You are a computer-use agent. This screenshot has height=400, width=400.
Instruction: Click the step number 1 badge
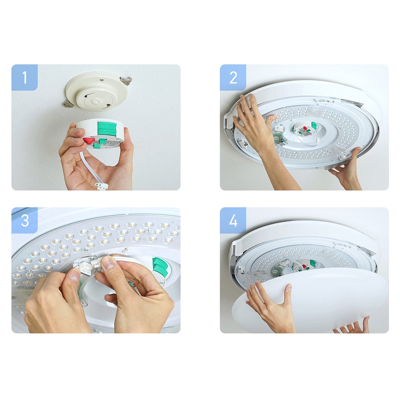click(x=24, y=77)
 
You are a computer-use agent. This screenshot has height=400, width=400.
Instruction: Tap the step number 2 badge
click(x=233, y=77)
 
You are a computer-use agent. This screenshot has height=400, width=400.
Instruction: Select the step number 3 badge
click(x=24, y=220)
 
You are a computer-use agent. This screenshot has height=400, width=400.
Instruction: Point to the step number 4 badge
click(x=233, y=220)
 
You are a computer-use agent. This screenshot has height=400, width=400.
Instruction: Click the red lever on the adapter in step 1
click(x=89, y=141)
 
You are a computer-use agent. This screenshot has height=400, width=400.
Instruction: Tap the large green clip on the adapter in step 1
click(x=107, y=129)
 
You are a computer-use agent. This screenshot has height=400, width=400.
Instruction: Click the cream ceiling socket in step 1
click(x=97, y=91)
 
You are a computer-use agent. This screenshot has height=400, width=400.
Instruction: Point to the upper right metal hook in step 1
click(x=126, y=81)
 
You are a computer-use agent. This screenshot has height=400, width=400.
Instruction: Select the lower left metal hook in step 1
click(x=69, y=104)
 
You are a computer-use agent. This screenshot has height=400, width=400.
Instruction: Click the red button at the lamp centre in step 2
click(x=305, y=128)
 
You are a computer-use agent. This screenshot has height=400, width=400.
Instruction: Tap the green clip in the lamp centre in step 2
click(x=314, y=125)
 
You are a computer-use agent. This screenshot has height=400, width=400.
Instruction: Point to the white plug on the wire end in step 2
click(x=318, y=141)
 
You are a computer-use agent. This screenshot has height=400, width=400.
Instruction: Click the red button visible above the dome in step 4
click(x=304, y=266)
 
